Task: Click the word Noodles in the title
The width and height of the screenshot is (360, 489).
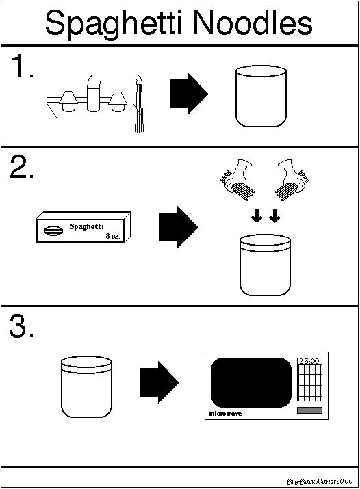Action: pos(253,23)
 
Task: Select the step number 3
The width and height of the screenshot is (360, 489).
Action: pos(21,326)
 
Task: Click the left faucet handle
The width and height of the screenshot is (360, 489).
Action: pos(68,101)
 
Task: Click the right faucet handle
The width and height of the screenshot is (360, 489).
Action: pos(118,101)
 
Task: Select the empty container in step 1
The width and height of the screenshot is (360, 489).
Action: pos(261,96)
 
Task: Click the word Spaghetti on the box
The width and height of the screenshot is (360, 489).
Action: pos(87,227)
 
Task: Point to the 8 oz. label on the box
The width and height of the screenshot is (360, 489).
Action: pos(113,236)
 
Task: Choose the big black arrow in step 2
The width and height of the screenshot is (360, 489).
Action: pos(179,227)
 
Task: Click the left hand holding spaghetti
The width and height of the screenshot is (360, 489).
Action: pos(237,181)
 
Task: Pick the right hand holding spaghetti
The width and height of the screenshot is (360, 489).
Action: pos(292,181)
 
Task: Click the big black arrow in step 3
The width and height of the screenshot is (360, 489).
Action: pos(159,382)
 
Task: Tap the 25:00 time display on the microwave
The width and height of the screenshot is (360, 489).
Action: pos(309,361)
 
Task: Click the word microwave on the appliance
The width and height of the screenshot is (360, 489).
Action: pos(225,414)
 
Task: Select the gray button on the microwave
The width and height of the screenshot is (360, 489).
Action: pos(309,410)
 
